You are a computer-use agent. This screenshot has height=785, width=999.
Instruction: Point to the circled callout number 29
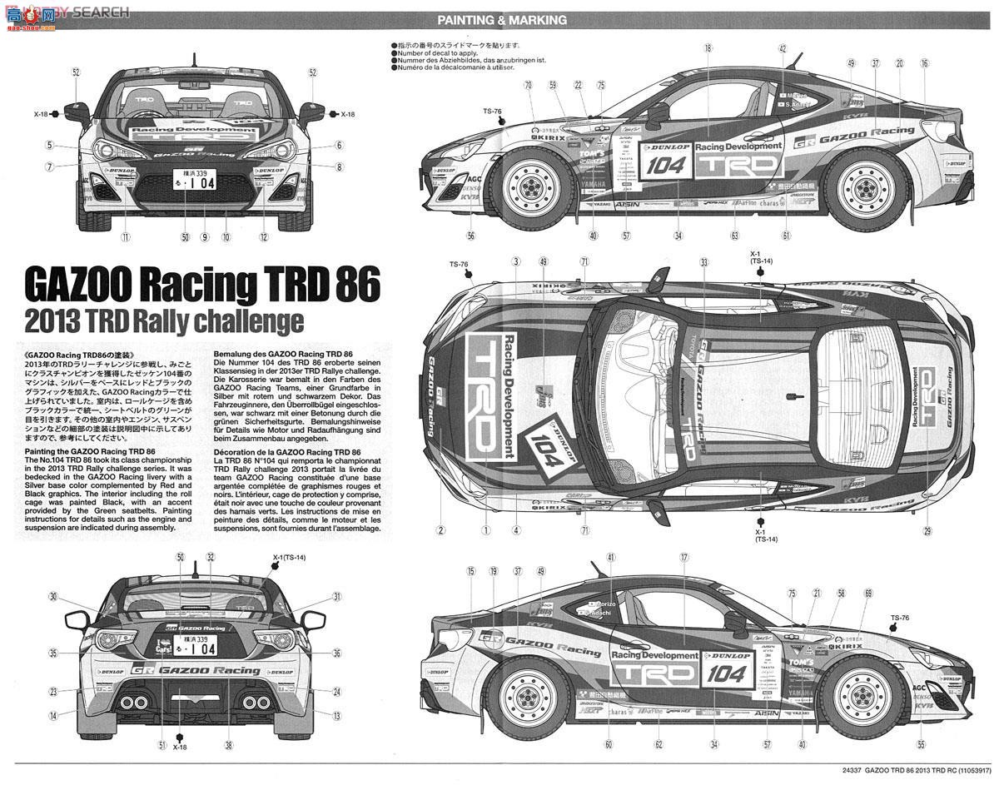[x=927, y=530]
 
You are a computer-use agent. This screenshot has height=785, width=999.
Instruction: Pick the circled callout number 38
[x=227, y=745]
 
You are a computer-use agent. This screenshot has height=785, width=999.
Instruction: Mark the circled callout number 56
[x=471, y=236]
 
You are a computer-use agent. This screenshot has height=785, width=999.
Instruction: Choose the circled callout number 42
[x=783, y=49]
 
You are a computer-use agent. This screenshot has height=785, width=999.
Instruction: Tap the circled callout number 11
[x=125, y=236]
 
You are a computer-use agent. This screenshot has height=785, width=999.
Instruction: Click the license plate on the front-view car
[x=193, y=178]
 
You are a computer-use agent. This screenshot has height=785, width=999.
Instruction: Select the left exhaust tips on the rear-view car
[x=132, y=703]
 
